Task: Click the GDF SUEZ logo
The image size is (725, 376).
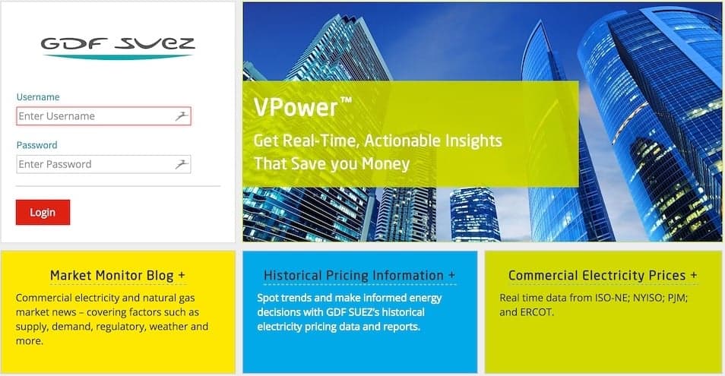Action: click(118, 48)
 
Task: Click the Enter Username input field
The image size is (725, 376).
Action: click(103, 116)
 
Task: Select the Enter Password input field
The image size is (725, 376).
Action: click(103, 164)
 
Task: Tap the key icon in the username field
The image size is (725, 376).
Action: click(182, 116)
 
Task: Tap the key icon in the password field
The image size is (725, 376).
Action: click(182, 164)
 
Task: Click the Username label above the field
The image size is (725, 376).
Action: click(38, 97)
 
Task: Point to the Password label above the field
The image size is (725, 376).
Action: click(37, 145)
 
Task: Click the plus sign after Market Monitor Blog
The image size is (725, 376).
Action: click(182, 275)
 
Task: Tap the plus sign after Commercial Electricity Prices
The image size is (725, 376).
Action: click(694, 275)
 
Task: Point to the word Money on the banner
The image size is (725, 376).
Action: click(386, 164)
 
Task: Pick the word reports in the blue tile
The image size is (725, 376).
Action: click(403, 327)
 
